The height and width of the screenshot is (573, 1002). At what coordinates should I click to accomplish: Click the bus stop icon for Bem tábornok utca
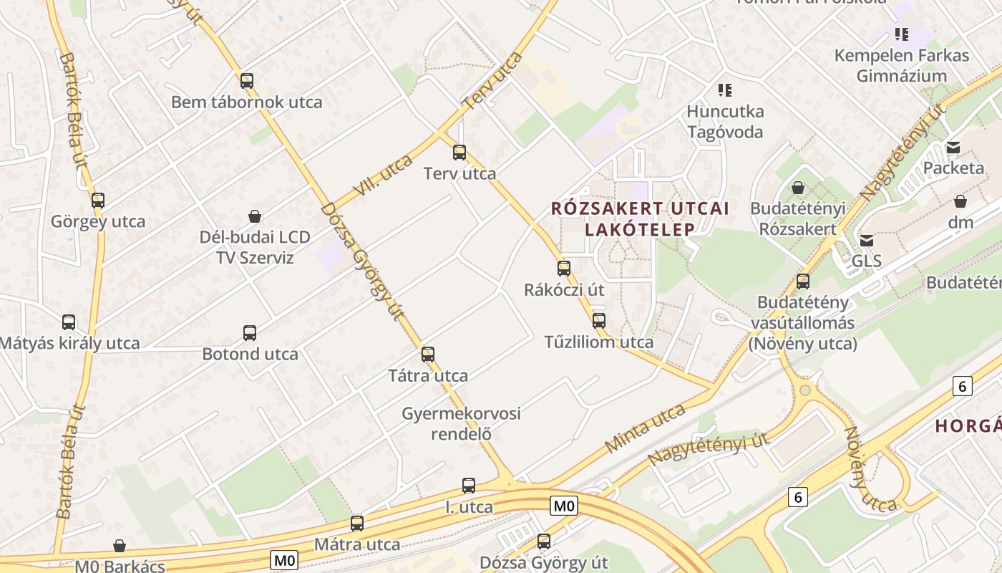point(247,80)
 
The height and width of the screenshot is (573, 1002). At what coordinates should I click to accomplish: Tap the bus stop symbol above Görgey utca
point(98,201)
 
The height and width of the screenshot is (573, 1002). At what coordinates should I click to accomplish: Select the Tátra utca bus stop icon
point(428,354)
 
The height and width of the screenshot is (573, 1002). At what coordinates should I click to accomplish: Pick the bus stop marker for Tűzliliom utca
point(599,320)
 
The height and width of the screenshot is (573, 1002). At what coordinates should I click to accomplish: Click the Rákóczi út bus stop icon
point(564,269)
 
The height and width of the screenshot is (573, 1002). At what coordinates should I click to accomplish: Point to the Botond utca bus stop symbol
point(250,332)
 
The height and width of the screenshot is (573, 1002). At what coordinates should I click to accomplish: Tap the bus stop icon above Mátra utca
point(357,523)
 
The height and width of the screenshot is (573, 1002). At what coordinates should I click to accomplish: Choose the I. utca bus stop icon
point(469,486)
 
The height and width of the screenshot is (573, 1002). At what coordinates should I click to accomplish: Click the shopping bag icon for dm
point(960,201)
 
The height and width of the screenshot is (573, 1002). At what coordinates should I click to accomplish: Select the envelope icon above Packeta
point(953,148)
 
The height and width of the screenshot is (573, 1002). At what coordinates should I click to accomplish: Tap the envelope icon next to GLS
point(867,240)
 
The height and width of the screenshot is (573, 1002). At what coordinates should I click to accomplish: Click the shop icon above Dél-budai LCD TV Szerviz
point(255,216)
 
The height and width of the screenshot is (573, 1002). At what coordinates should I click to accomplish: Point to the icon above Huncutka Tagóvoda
point(725,90)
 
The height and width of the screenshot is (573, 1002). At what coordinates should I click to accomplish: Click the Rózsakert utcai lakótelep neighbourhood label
point(641,218)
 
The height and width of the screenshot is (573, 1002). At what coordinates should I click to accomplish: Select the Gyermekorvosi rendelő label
point(461,423)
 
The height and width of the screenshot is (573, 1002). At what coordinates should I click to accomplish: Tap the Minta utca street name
point(645,428)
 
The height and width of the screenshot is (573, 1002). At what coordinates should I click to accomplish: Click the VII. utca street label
point(384,175)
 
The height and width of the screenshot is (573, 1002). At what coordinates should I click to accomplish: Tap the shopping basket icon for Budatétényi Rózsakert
point(798,188)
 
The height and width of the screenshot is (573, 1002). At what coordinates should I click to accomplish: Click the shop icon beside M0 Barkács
point(120,546)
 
